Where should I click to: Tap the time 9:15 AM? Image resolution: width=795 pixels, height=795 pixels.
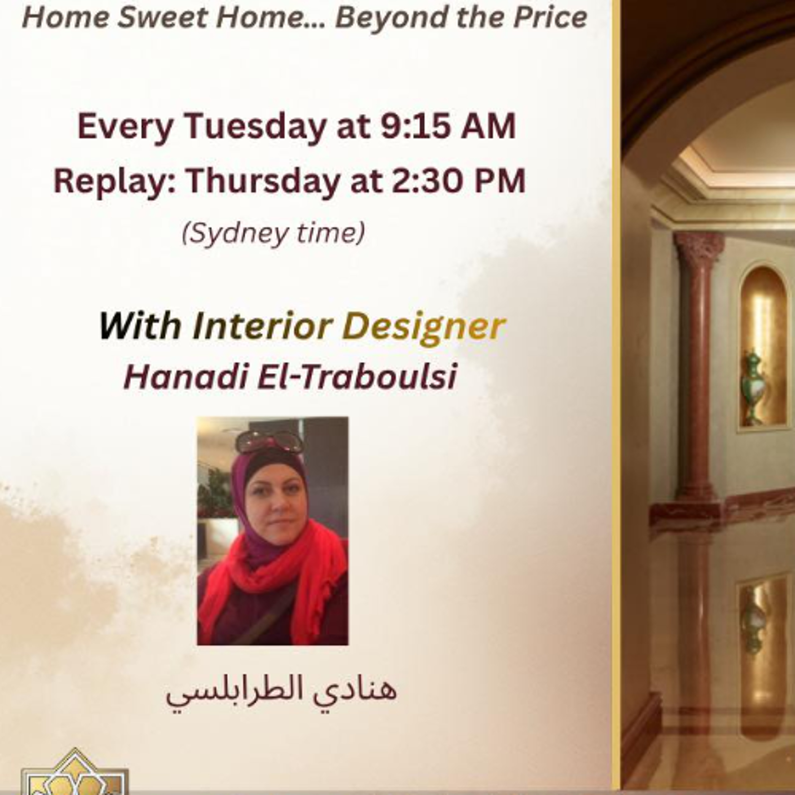pyautogui.click(x=448, y=126)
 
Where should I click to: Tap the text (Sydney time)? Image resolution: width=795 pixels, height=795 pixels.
pyautogui.click(x=273, y=234)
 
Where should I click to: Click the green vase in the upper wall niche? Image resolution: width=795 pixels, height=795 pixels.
pyautogui.click(x=754, y=385)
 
